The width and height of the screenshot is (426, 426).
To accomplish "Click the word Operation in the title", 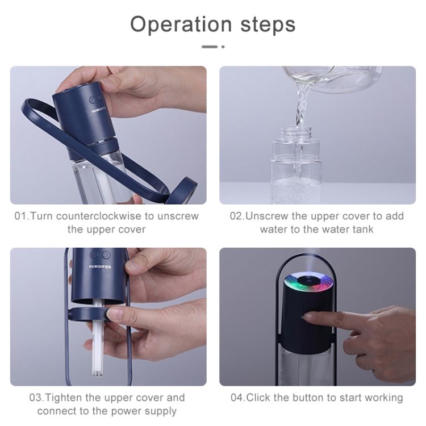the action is pyautogui.click(x=181, y=25).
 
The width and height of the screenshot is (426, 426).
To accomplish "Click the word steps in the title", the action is pyautogui.click(x=268, y=25).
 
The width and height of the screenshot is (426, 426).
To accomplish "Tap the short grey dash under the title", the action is pyautogui.click(x=210, y=47).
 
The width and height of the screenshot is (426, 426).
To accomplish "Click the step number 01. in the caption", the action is pyautogui.click(x=22, y=216).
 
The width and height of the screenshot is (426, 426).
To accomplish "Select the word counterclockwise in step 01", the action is pyautogui.click(x=99, y=216).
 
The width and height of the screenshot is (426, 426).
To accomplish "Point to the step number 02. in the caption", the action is pyautogui.click(x=237, y=216).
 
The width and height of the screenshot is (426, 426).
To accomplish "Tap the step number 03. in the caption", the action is pyautogui.click(x=36, y=398).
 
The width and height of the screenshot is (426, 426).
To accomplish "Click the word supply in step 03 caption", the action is pyautogui.click(x=161, y=412).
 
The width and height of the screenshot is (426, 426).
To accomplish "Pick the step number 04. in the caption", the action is pyautogui.click(x=238, y=398).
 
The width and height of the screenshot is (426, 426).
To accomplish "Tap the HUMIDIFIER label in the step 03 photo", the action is pyautogui.click(x=100, y=267).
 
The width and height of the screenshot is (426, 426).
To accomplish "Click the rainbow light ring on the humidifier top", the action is pyautogui.click(x=309, y=283).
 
